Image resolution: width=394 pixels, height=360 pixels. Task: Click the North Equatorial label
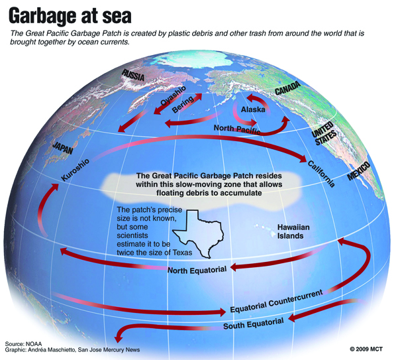tap(197, 269)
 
